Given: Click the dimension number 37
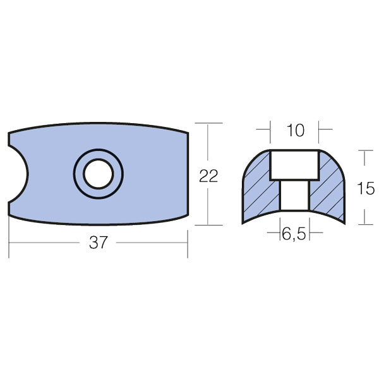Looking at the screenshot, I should click(x=98, y=243).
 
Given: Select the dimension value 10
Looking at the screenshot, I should click(x=295, y=131).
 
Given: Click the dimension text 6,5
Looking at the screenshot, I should click(x=294, y=234).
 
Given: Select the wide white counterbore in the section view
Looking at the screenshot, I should click(x=294, y=165).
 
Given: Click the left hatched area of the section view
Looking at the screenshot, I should click(x=260, y=186).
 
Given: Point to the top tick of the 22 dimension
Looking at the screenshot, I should click(x=208, y=123).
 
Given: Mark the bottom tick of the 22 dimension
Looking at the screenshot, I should click(x=208, y=225).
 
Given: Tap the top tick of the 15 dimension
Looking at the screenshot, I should click(x=364, y=150).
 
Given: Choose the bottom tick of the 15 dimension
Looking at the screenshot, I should click(x=364, y=224).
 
